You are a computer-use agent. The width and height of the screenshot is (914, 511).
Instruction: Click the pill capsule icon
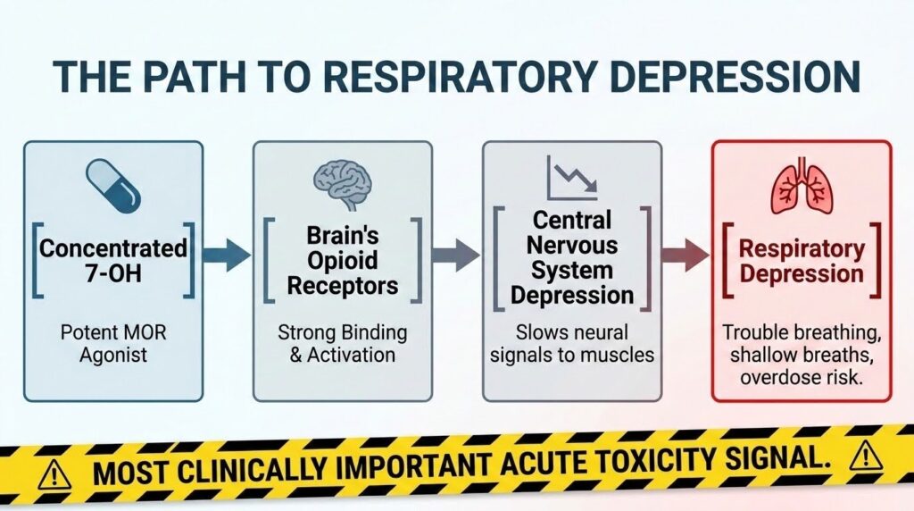coord(113,186)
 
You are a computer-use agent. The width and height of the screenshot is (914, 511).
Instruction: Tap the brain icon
coord(342,184)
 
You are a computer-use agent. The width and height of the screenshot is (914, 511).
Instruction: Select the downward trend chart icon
coord(572,178)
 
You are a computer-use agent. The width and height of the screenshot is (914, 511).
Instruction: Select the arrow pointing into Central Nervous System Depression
coord(456,255)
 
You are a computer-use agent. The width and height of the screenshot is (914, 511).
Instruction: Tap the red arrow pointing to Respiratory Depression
coord(685,255)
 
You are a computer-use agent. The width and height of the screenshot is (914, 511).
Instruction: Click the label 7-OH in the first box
coord(113,273)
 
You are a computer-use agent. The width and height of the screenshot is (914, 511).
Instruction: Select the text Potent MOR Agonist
coord(113,344)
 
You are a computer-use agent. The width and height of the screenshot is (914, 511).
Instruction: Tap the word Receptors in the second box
coord(343,286)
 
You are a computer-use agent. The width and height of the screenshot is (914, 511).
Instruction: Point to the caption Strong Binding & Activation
coord(343,344)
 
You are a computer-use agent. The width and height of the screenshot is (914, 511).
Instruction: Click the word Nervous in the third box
coord(572,246)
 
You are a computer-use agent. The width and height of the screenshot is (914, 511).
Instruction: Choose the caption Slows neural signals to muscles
coord(572,344)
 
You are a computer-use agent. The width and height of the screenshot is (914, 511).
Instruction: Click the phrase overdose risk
coord(801,377)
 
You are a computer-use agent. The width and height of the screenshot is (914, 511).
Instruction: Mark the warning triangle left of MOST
coord(54,475)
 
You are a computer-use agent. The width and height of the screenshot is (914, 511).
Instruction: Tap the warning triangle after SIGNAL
coord(866,456)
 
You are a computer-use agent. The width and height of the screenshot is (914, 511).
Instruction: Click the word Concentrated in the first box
coord(113,248)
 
